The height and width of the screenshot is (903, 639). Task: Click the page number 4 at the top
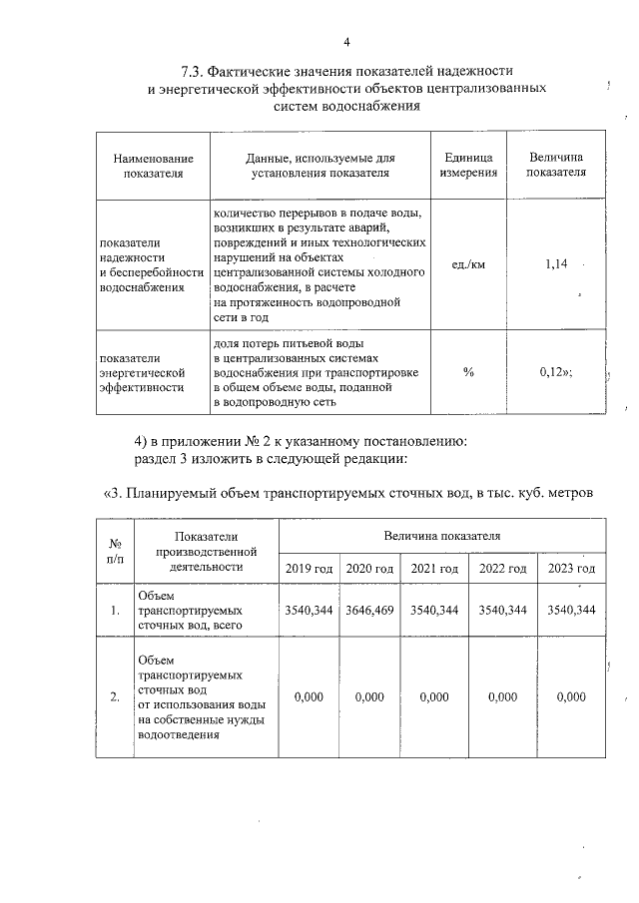click(x=345, y=42)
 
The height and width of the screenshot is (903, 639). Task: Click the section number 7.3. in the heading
click(x=195, y=71)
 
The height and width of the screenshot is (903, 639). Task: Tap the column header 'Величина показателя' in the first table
click(x=556, y=166)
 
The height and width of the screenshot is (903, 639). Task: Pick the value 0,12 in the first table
click(x=554, y=371)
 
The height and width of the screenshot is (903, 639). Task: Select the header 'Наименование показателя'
click(x=153, y=166)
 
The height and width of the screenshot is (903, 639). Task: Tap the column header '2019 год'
click(x=310, y=569)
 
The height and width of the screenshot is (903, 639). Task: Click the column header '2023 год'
click(x=571, y=569)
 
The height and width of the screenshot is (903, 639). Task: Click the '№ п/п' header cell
click(x=115, y=552)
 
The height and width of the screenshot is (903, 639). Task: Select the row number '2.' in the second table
click(x=115, y=697)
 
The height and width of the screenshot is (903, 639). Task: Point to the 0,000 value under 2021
click(x=434, y=697)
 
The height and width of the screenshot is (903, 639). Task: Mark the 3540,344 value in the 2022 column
click(x=503, y=610)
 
